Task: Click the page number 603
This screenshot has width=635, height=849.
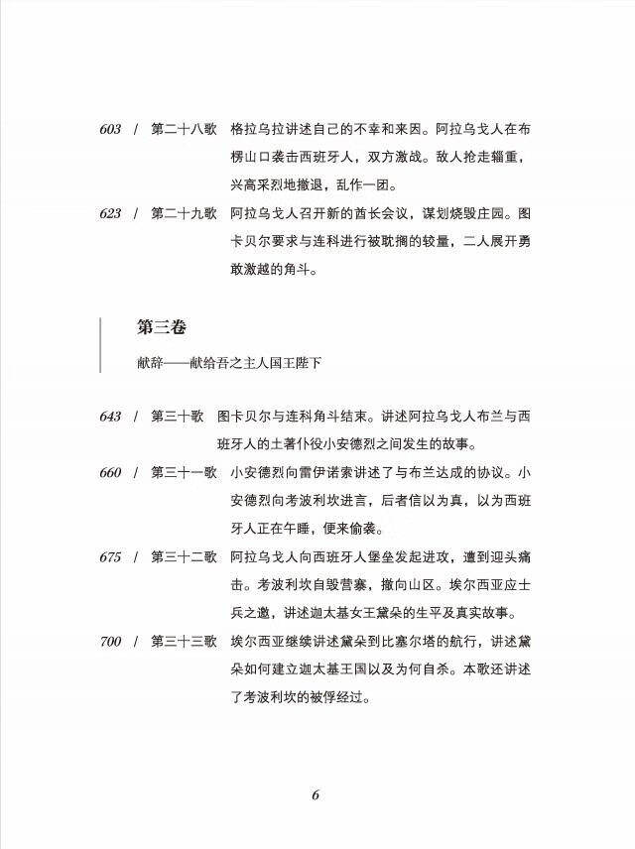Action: click(110, 130)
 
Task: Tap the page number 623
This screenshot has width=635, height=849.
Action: click(110, 214)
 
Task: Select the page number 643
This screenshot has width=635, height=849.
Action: click(110, 417)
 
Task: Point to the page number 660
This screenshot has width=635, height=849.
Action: click(110, 473)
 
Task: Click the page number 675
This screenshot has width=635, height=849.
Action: click(110, 557)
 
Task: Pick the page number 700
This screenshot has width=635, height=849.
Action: click(110, 642)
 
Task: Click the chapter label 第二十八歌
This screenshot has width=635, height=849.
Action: click(184, 130)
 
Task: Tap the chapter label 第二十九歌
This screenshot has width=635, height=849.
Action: click(184, 214)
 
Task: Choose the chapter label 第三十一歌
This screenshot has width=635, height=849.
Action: click(184, 473)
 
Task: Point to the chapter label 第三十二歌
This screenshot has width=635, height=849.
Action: click(184, 557)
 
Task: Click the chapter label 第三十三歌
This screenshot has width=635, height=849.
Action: click(184, 642)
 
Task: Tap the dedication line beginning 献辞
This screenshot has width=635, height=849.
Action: click(229, 362)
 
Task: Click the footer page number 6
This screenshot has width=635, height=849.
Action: click(316, 794)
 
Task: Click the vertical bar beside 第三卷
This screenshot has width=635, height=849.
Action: click(101, 344)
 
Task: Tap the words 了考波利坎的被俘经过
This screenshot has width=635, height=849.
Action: click(300, 697)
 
